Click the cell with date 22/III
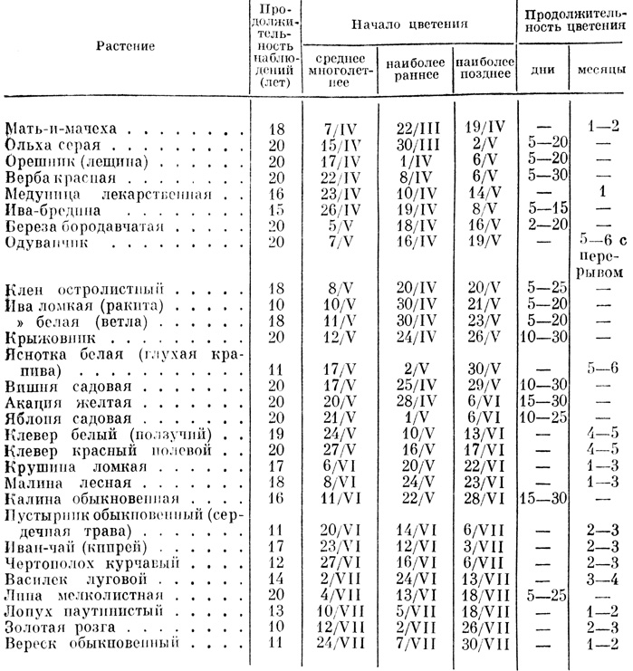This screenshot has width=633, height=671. (412, 128)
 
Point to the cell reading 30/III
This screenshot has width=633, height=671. (412, 144)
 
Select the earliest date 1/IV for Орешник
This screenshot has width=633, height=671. (412, 160)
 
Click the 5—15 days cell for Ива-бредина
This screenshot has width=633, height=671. (545, 209)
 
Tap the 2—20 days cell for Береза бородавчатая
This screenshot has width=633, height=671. (545, 225)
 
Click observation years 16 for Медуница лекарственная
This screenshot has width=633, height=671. (276, 193)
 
